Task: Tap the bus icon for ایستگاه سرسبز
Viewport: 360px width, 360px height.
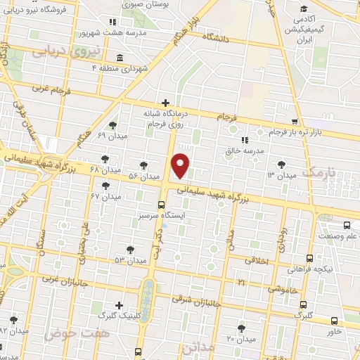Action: (162, 205)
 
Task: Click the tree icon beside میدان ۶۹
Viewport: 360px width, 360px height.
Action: (112, 124)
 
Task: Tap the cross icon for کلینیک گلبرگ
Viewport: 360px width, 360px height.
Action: (120, 306)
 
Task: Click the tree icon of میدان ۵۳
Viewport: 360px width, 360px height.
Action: (131, 249)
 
